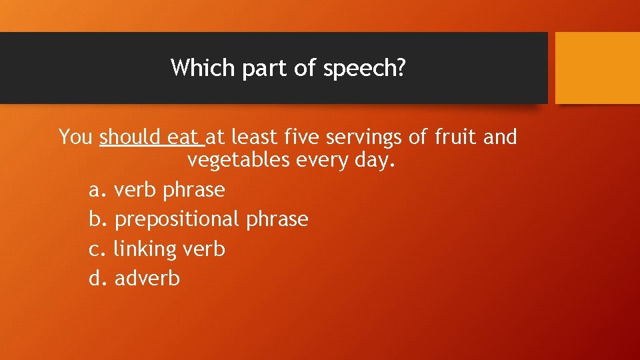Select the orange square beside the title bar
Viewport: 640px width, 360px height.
[x=597, y=68]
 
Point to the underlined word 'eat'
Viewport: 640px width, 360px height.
[x=183, y=137]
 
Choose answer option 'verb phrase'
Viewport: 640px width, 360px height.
[x=169, y=190]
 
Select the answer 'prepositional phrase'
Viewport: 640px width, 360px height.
[x=211, y=219]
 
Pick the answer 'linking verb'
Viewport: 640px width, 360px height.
[x=169, y=249]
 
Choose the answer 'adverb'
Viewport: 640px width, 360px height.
[x=147, y=278]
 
